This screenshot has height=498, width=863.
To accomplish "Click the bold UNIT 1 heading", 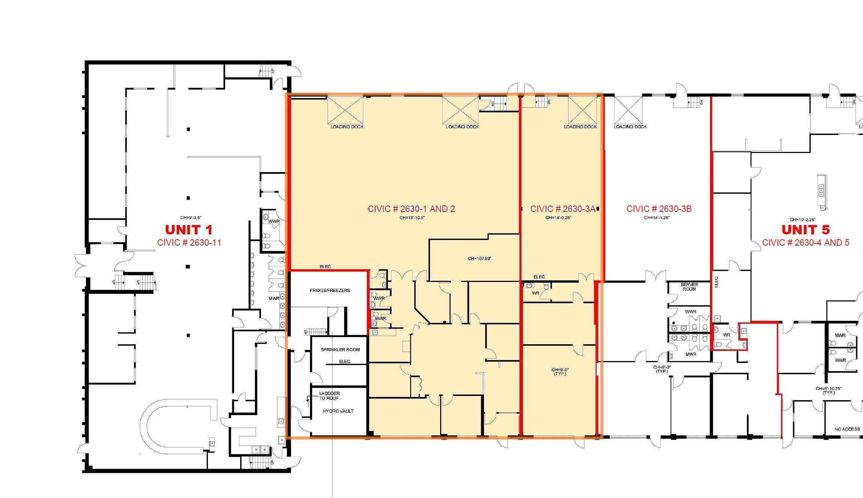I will point(189,229).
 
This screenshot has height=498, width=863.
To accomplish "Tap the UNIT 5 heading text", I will point(805,229).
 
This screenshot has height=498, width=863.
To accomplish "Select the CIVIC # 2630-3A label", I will point(562,209).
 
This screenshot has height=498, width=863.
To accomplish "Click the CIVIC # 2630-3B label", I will point(659,209).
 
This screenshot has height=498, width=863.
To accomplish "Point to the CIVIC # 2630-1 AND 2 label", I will point(411,209).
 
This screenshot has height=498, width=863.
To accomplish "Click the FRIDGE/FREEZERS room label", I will point(329,290).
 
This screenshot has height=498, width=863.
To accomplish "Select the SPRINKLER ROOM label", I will point(340,349).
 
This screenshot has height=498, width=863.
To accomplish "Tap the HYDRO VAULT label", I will point(338,411).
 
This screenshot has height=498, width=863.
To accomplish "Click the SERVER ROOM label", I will point(689,287).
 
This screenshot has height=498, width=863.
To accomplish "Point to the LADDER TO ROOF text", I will point(329,396).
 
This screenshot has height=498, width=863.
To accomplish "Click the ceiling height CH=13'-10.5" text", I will point(412,217).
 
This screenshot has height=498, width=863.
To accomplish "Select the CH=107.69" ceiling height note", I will point(479,259).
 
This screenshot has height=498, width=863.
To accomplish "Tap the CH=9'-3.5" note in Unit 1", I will point(191,217).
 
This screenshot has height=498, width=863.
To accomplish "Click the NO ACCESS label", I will point(847,429).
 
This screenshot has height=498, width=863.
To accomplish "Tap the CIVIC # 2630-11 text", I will point(189,243).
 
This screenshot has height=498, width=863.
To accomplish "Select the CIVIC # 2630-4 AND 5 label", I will point(805,243).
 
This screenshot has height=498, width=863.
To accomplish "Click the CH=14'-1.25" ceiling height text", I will point(657,217).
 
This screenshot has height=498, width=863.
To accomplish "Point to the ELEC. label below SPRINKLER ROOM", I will point(345,361).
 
